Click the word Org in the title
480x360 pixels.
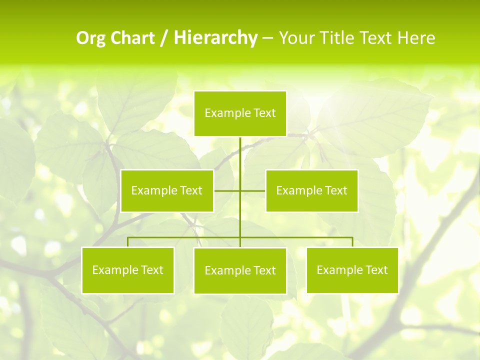(x=91, y=38)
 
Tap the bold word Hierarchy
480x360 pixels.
(x=215, y=38)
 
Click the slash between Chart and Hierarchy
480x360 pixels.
(x=164, y=38)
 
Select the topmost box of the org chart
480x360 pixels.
(x=240, y=113)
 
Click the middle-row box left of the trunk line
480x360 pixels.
(x=167, y=191)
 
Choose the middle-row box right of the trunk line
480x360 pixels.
(x=312, y=191)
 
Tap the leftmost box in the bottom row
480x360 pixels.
(x=128, y=270)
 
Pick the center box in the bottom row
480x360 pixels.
(x=240, y=271)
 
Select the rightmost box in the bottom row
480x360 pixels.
(x=352, y=270)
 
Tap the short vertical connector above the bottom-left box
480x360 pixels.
(x=128, y=242)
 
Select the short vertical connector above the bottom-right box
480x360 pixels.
(x=352, y=242)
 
